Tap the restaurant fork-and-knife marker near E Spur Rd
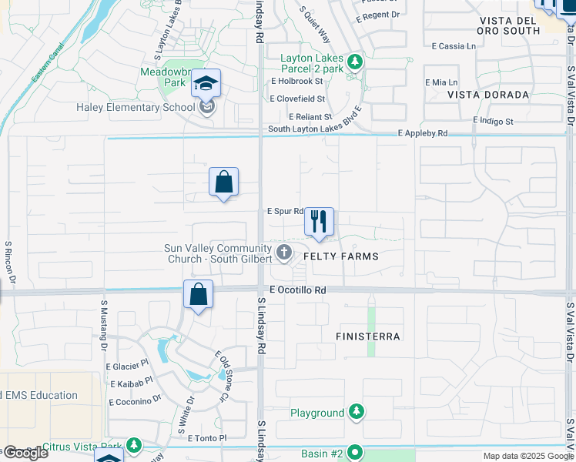pos(319,222)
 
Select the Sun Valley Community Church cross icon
pos(284,251)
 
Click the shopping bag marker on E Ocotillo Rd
pos(199,294)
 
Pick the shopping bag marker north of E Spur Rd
pos(223,182)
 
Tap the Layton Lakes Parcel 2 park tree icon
pos(354,61)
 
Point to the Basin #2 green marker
pos(354,453)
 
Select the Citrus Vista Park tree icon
pos(134,445)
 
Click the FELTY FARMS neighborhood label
pos(341,256)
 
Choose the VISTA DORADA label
pos(488,95)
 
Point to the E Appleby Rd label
pos(423,133)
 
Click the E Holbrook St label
pos(296,81)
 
